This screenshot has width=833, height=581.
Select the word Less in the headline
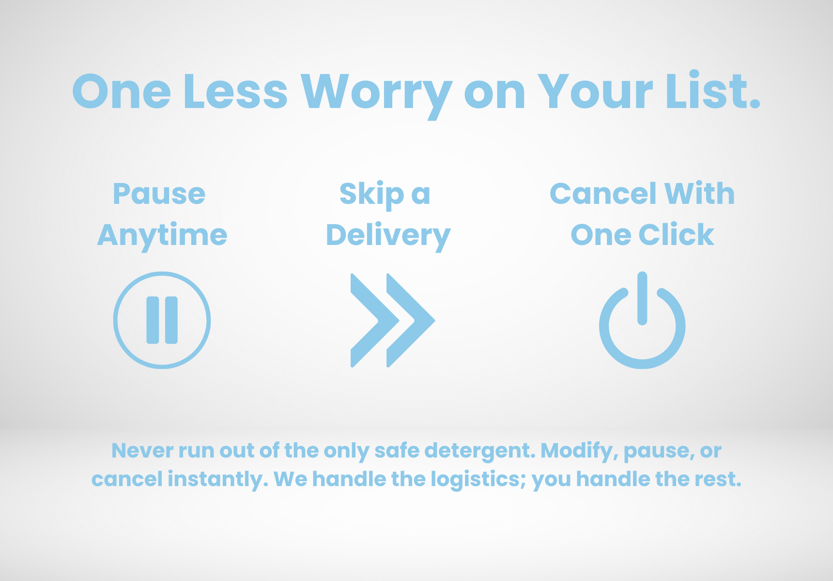[x=236, y=91]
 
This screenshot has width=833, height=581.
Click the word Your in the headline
[x=596, y=91]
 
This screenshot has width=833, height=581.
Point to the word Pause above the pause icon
[x=159, y=194]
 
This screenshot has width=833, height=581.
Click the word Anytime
[x=162, y=236]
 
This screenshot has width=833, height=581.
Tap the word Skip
[x=371, y=195]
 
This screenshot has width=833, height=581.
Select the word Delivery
[x=388, y=236]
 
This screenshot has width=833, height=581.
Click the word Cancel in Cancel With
[x=603, y=194]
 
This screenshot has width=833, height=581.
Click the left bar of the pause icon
[x=153, y=320]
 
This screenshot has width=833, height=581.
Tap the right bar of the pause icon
[x=171, y=320]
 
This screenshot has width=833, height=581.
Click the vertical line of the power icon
[x=642, y=298]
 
